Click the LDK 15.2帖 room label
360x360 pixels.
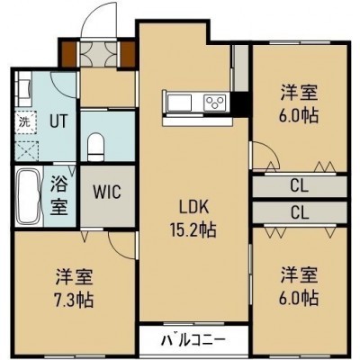coord(193,219)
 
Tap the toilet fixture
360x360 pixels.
coord(96,147)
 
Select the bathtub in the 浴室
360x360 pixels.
coord(28,196)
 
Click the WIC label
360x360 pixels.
coord(107,192)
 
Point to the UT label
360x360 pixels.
coord(58,121)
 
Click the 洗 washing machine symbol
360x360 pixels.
coord(26,122)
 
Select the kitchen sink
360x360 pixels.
coord(179,102)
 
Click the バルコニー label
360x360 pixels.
coord(193,340)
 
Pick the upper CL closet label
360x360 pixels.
coord(300,186)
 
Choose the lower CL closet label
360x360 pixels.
coord(300,212)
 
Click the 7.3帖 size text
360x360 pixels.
coord(75,299)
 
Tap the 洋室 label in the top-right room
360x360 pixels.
coord(299,93)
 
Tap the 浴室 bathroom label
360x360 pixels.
coord(58,195)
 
